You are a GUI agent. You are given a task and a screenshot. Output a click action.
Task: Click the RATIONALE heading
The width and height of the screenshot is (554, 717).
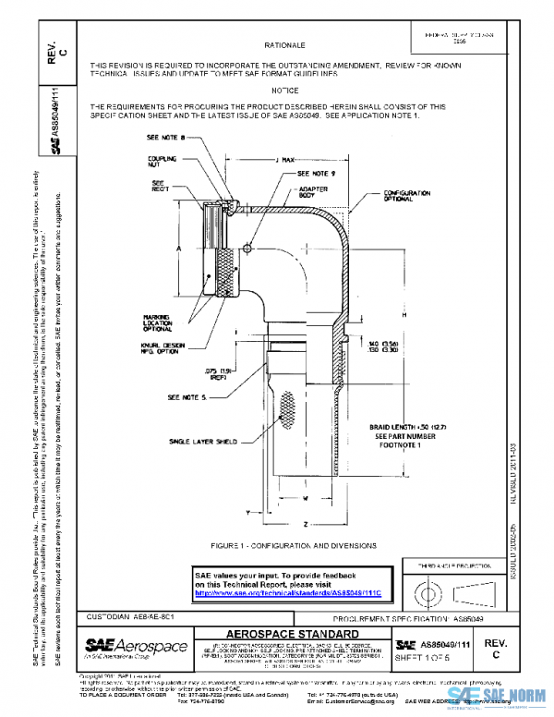(x=283, y=44)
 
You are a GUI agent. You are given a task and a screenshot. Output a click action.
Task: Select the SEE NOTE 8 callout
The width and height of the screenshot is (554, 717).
(x=166, y=137)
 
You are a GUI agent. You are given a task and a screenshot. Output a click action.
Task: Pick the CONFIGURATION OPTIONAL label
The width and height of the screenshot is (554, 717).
(x=409, y=196)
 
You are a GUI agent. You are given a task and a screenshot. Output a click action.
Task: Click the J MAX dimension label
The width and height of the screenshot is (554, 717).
(x=289, y=160)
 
